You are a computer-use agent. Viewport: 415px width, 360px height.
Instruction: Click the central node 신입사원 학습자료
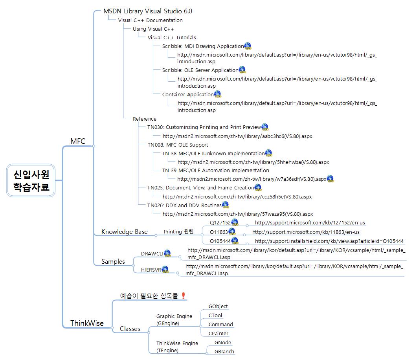click(x=31, y=180)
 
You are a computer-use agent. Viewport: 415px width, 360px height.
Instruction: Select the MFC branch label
click(x=77, y=141)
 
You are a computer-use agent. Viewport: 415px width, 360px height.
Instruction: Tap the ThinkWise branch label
click(x=87, y=323)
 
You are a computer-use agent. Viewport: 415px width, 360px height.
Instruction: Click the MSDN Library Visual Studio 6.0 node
click(x=147, y=11)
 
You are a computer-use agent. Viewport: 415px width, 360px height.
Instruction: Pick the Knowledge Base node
click(x=124, y=231)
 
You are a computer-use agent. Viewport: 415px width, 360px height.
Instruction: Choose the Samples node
click(x=113, y=261)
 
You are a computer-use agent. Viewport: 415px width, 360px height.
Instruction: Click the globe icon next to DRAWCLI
click(x=167, y=253)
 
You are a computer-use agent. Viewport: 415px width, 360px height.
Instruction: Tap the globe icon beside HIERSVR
click(x=165, y=269)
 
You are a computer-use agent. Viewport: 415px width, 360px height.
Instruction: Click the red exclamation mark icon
click(x=183, y=295)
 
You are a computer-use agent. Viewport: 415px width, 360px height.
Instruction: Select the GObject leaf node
click(x=218, y=306)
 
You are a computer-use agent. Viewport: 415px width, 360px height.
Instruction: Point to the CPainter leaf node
click(x=219, y=333)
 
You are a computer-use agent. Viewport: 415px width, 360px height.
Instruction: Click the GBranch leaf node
click(x=224, y=351)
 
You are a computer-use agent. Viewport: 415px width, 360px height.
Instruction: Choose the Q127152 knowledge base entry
click(x=220, y=223)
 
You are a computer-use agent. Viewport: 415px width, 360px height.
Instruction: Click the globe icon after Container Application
click(x=217, y=94)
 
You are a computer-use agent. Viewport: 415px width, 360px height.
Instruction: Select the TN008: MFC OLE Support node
click(x=178, y=145)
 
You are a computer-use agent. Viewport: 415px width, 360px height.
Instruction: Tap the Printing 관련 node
click(x=178, y=231)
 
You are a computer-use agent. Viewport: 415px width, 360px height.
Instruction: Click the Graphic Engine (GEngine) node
click(x=174, y=320)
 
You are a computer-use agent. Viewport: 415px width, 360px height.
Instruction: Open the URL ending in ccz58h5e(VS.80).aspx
click(x=237, y=197)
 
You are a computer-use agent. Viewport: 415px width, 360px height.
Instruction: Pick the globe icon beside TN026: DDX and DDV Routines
click(x=226, y=204)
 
